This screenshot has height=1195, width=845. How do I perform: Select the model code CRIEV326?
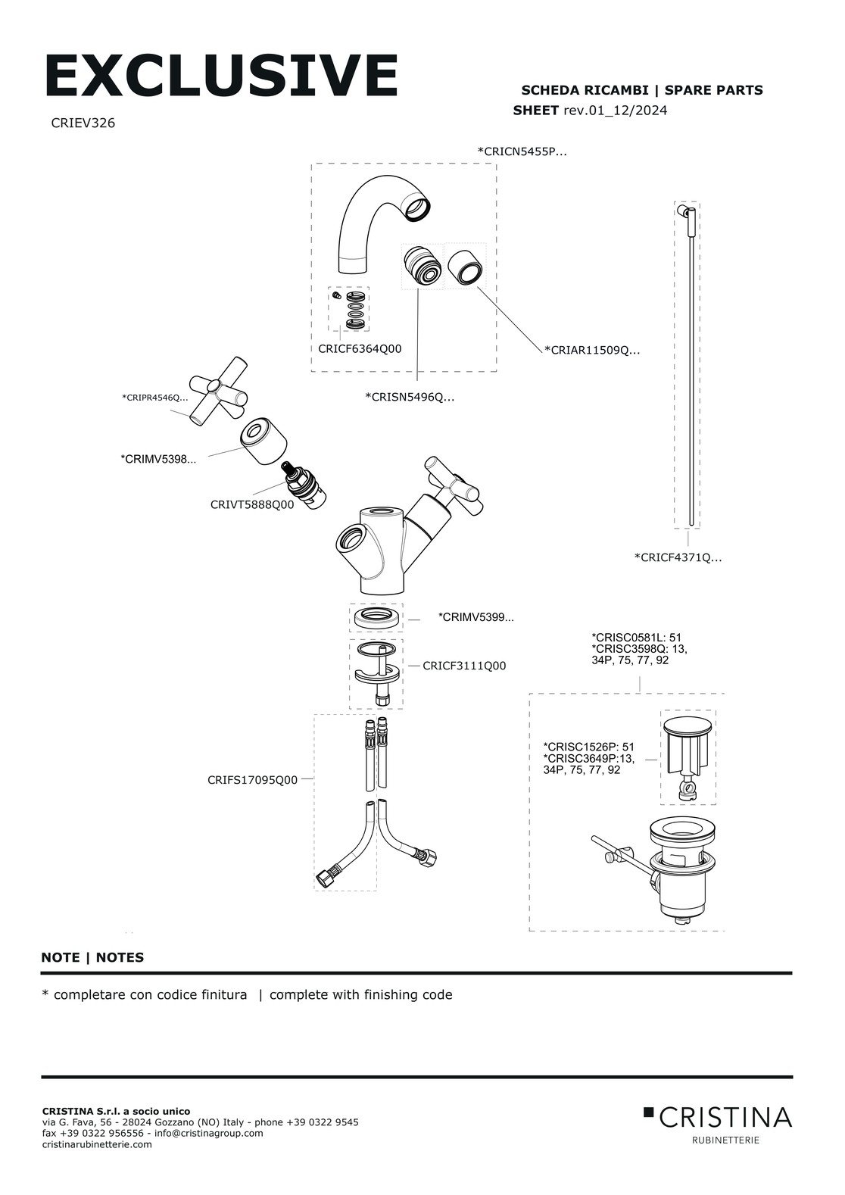coord(83,123)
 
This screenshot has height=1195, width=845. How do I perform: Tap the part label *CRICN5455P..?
coord(522,151)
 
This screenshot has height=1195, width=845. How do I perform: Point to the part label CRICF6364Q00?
coord(360,349)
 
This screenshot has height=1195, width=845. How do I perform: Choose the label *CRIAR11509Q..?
coord(591,350)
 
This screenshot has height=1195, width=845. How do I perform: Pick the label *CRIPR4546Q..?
coord(154,398)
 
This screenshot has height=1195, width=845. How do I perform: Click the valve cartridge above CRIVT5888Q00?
coord(302,485)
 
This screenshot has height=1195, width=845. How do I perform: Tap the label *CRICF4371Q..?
coord(678,558)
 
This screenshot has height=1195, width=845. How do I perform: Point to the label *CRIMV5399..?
coord(476,618)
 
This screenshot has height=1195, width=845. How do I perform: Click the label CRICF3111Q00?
coord(464,666)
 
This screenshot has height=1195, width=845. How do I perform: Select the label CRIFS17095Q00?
coord(252,779)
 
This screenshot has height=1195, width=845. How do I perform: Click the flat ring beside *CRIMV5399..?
coord(376,616)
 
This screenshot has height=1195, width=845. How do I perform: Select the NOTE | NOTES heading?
coord(92,957)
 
